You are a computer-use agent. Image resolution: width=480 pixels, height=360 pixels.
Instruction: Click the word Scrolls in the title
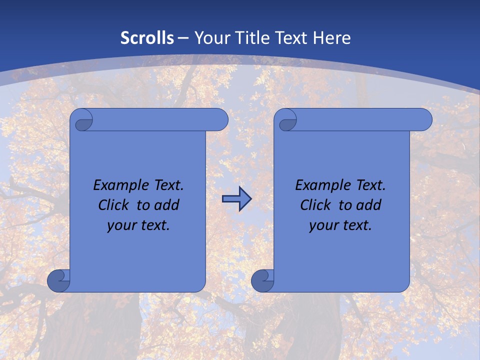[x=147, y=38]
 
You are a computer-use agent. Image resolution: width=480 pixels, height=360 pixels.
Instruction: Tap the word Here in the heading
[x=332, y=38]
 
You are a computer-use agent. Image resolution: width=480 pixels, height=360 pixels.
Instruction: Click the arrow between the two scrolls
[x=236, y=199]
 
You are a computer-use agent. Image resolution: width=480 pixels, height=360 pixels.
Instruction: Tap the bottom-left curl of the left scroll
[x=58, y=280]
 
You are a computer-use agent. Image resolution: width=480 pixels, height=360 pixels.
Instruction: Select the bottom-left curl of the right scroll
[x=262, y=280]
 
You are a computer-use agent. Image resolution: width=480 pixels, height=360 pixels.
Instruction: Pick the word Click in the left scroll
[x=113, y=205]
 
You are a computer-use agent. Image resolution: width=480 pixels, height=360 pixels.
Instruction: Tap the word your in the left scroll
[x=121, y=225]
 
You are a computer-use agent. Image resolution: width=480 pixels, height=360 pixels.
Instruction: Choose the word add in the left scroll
[x=167, y=205]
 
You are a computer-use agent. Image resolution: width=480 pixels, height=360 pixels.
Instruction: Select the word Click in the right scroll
[x=315, y=205]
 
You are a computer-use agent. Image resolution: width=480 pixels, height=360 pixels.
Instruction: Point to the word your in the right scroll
[x=323, y=225]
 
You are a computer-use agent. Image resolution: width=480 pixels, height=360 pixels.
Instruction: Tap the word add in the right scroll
[x=369, y=205]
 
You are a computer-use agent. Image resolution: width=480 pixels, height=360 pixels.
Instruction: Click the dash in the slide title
[x=183, y=38]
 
